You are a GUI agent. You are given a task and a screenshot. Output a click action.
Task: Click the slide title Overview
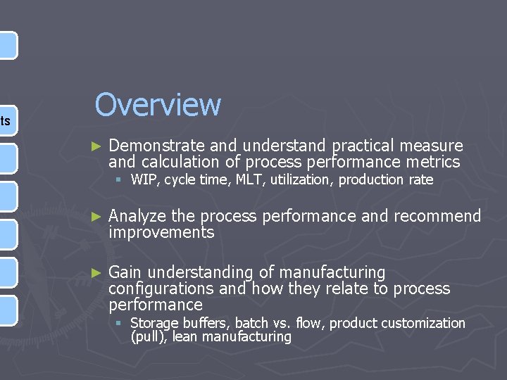click(158, 105)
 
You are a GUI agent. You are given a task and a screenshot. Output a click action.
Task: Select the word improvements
click(161, 233)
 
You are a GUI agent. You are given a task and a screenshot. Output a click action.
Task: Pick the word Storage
click(155, 323)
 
